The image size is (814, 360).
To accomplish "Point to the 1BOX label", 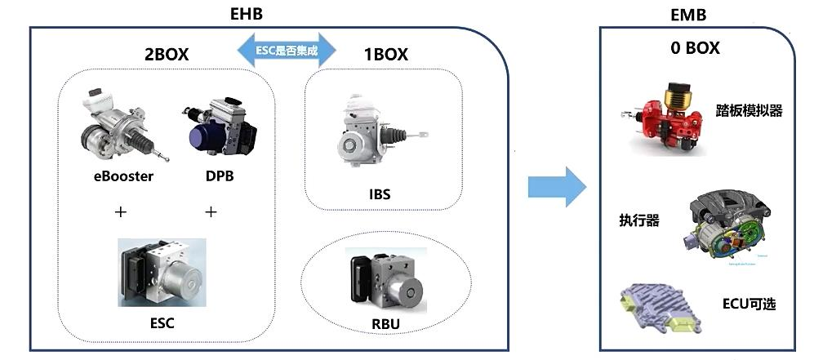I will (385, 56).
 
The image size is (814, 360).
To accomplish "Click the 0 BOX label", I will (696, 48).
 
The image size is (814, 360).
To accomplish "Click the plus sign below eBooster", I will (121, 211).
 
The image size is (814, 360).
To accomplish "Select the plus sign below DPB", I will (211, 211).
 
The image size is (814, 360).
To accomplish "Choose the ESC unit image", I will (162, 273).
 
